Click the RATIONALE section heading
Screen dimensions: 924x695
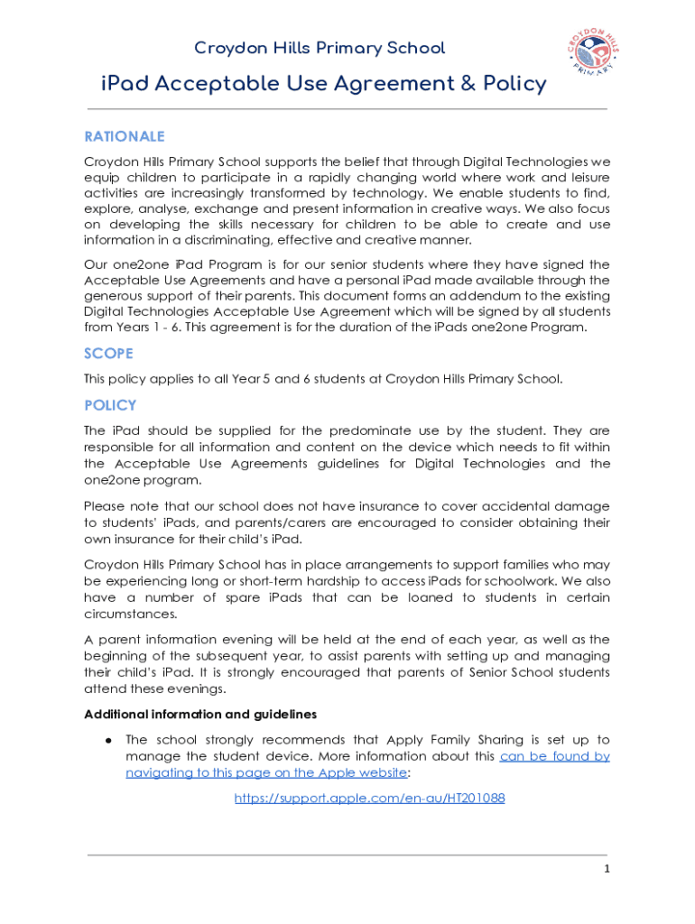125,137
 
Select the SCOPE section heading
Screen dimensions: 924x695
108,354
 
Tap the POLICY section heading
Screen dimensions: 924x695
110,406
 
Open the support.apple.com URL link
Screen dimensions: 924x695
369,799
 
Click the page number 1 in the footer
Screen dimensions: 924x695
607,869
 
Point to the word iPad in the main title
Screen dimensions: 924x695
125,85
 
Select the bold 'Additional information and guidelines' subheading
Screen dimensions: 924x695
200,715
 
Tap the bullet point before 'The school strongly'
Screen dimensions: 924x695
107,740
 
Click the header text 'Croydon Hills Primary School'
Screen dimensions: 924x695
320,48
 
